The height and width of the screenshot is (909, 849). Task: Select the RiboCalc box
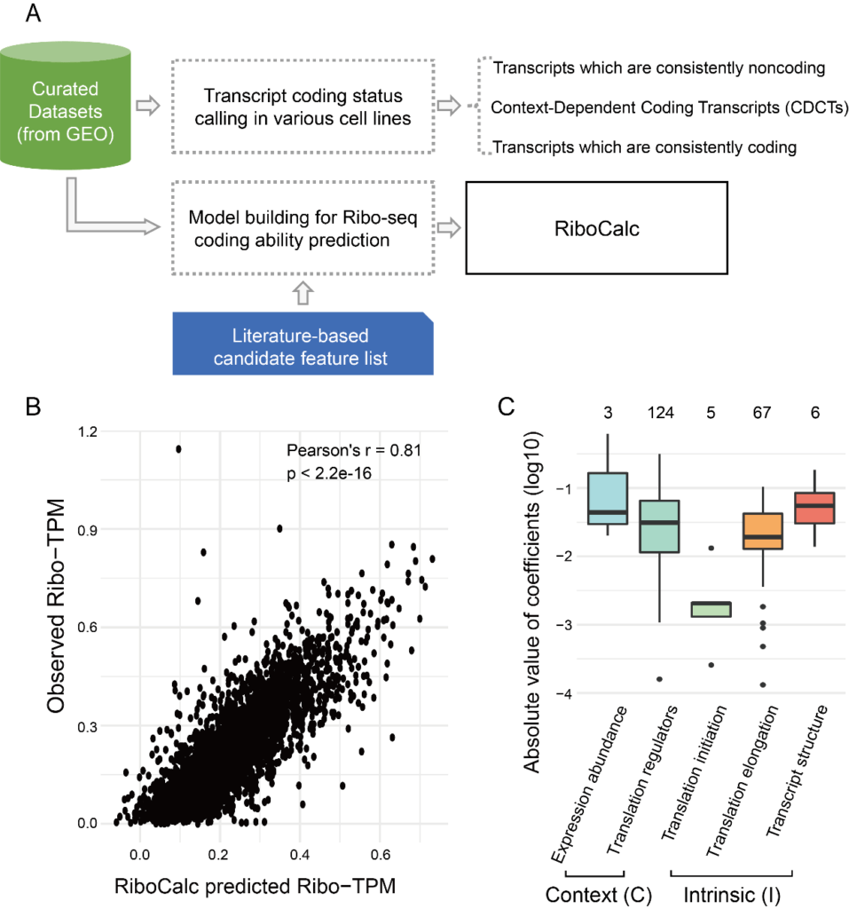pos(596,228)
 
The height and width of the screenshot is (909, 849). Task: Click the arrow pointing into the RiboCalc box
pos(451,228)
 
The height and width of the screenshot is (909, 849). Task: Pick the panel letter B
pos(35,409)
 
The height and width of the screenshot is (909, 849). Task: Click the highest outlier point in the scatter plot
pos(178,449)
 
